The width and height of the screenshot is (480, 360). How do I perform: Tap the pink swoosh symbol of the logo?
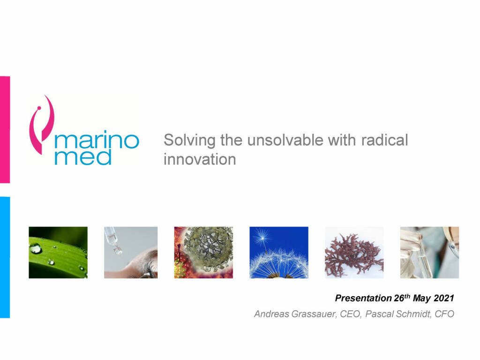[42, 125]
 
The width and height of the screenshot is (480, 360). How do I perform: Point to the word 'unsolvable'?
[285, 140]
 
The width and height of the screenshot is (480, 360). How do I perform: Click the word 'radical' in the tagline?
[384, 140]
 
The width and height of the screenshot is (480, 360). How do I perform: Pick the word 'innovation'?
[200, 159]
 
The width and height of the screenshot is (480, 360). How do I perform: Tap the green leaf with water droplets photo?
[58, 253]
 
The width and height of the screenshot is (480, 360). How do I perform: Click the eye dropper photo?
[131, 253]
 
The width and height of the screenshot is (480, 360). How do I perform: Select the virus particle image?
[203, 253]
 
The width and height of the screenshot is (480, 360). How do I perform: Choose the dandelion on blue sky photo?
[279, 253]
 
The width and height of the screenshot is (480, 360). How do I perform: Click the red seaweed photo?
[354, 253]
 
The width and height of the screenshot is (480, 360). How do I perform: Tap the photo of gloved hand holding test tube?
[429, 253]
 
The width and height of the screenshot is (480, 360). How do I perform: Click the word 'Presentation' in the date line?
[363, 298]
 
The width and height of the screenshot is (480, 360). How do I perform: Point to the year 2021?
[444, 298]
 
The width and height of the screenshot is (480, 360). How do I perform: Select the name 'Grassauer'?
[314, 314]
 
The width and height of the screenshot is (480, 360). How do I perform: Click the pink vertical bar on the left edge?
[5, 130]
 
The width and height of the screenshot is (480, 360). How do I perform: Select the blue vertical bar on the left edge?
[5, 257]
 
